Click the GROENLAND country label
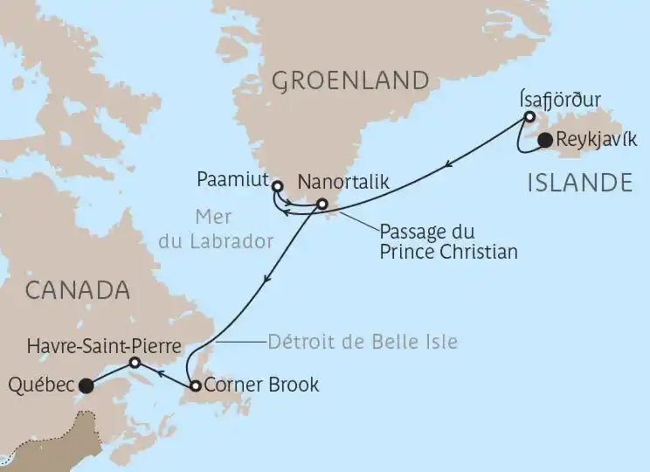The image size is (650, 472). pyautogui.click(x=350, y=81)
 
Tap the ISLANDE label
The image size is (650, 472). pyautogui.click(x=580, y=183)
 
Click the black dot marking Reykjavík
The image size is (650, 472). pyautogui.click(x=543, y=141)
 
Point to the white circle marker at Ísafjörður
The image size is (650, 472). pyautogui.click(x=529, y=116)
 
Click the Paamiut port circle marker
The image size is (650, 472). pyautogui.click(x=277, y=185)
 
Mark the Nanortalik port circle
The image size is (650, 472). pyautogui.click(x=322, y=205)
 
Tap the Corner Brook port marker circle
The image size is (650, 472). pyautogui.click(x=195, y=385)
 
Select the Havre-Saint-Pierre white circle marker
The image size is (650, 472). pyautogui.click(x=135, y=362)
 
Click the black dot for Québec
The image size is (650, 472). pyautogui.click(x=86, y=385)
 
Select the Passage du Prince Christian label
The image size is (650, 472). pyautogui.click(x=449, y=243)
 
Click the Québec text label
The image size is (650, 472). pyautogui.click(x=40, y=384)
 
